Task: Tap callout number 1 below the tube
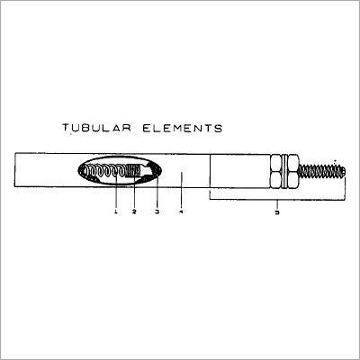[x=116, y=211]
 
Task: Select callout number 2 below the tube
[x=134, y=211]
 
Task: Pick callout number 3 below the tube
[x=157, y=211]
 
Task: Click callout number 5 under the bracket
[x=277, y=212]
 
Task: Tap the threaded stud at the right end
[x=319, y=170]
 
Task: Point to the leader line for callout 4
[x=181, y=193]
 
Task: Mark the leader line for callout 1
[x=116, y=193]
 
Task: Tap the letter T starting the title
[x=66, y=129]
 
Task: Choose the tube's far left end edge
[x=15, y=170]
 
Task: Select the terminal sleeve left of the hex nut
[x=238, y=170]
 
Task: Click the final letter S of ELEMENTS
[x=218, y=129]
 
